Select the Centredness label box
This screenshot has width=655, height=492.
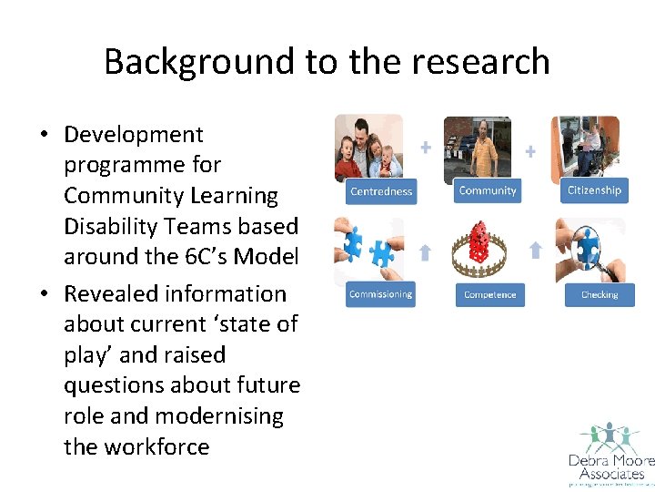tap(381, 191)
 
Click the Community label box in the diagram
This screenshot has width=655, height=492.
tap(488, 190)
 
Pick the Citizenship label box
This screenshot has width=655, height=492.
tap(594, 190)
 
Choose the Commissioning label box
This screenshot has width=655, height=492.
tap(380, 294)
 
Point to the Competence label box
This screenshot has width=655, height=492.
tap(489, 294)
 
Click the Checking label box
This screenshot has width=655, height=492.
tap(599, 294)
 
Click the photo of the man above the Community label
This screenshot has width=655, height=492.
tap(478, 146)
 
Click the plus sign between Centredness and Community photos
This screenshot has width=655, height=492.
tap(425, 147)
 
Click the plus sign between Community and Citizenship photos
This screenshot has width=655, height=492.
tap(530, 150)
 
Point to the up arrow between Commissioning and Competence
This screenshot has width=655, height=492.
tap(425, 252)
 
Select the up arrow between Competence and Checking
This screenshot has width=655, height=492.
tap(535, 250)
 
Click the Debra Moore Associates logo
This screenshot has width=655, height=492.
tap(606, 454)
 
